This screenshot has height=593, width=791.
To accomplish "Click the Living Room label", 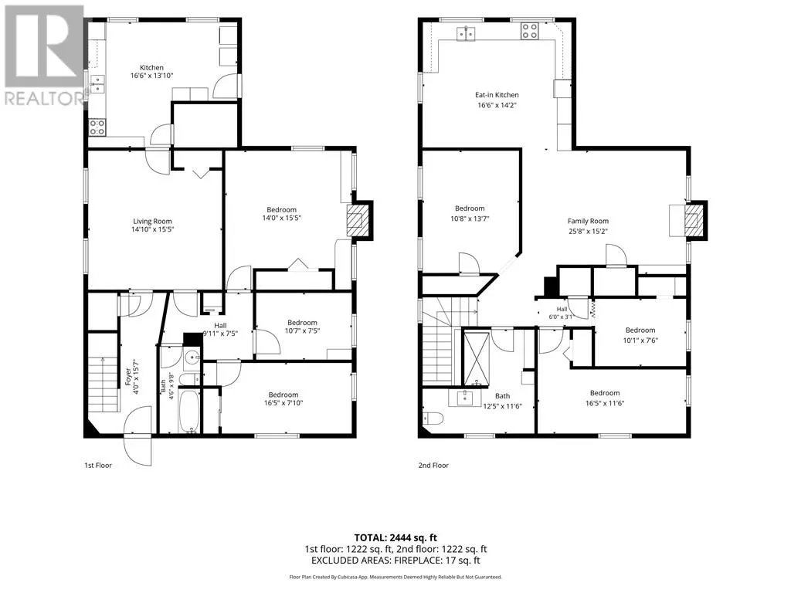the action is click(x=152, y=221).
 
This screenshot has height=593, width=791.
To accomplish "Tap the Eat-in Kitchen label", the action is click(x=497, y=95).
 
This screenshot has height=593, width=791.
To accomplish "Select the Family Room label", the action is click(x=588, y=221).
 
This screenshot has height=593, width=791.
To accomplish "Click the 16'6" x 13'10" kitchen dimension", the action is click(x=152, y=76).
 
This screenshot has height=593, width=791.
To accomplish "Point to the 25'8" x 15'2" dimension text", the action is click(x=588, y=232).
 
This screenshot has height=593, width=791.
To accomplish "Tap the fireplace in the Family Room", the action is click(x=694, y=219).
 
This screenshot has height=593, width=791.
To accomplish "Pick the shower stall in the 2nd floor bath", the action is click(x=476, y=358).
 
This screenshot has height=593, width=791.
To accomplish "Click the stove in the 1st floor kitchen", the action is click(x=97, y=127).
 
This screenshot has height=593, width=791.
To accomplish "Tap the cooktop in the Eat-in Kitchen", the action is click(x=530, y=31).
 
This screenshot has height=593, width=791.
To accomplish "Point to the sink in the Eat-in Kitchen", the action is click(x=466, y=34).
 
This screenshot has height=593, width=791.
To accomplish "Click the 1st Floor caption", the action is click(x=98, y=466).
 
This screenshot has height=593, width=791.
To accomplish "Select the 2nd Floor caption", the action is click(x=433, y=466).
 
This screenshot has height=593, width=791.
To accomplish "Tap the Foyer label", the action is click(x=127, y=377).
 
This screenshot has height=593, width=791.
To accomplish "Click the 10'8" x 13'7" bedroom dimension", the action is click(x=470, y=219).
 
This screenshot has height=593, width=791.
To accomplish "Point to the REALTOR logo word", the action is click(x=44, y=98).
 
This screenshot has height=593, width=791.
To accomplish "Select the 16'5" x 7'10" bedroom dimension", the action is click(x=283, y=403).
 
